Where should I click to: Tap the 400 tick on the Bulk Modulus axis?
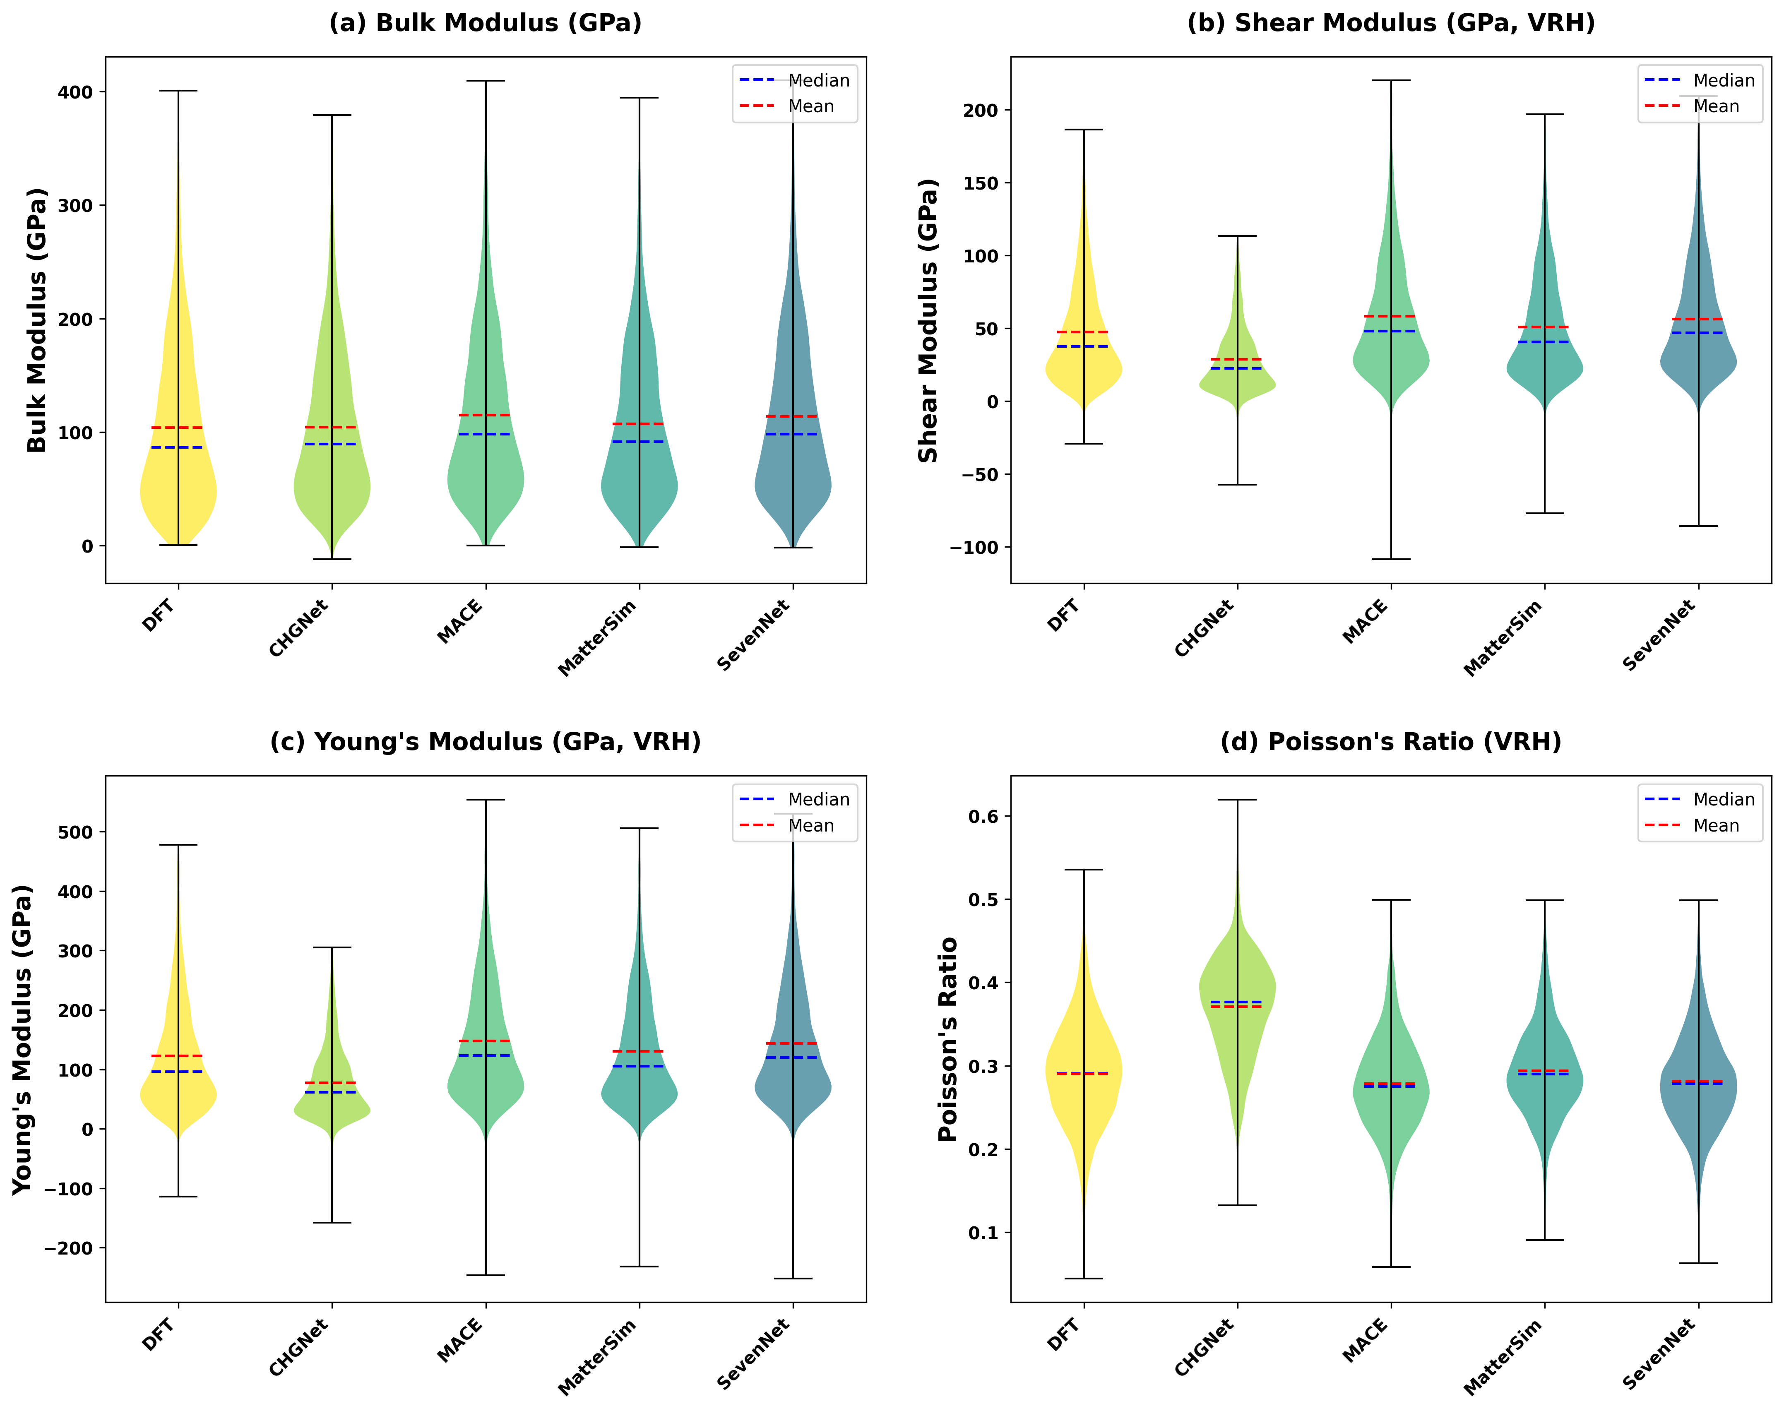click(x=75, y=93)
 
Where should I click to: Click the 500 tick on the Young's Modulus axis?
click(x=75, y=833)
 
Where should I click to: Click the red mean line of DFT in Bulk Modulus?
click(x=178, y=428)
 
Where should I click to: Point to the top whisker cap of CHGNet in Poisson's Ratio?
click(x=1237, y=800)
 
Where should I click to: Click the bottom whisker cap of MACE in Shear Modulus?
click(x=1391, y=559)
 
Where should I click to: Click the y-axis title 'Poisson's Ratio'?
click(x=948, y=1039)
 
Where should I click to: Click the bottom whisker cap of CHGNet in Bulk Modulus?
click(x=331, y=559)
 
